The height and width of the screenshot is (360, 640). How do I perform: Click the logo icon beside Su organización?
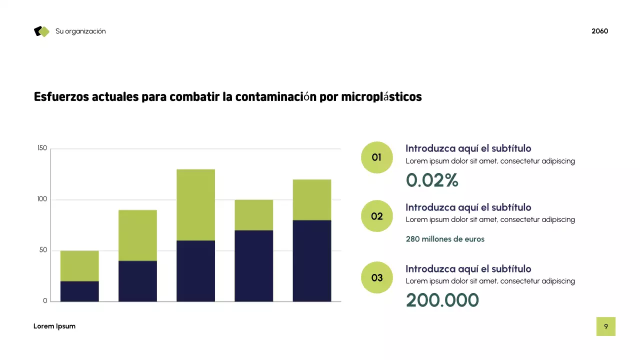click(42, 31)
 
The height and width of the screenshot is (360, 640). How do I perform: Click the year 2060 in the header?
click(599, 31)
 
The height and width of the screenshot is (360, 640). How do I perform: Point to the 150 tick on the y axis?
click(42, 148)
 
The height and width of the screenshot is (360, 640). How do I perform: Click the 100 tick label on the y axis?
click(42, 199)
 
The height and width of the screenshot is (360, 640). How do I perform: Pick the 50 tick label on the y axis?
click(43, 250)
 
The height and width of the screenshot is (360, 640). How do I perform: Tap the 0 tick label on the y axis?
click(45, 301)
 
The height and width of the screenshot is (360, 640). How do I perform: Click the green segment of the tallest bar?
click(195, 204)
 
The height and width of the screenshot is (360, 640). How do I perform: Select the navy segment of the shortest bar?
click(79, 291)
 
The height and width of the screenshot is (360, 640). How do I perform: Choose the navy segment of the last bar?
click(311, 260)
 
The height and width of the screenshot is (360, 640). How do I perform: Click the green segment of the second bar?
click(137, 235)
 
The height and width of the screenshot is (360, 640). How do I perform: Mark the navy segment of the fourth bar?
click(253, 265)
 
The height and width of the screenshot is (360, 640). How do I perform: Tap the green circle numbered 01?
click(376, 157)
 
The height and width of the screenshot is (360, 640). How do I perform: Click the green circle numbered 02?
click(376, 216)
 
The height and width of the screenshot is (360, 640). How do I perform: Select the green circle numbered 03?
click(376, 277)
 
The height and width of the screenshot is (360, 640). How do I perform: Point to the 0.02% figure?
click(432, 180)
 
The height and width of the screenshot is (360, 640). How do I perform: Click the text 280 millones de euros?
click(445, 239)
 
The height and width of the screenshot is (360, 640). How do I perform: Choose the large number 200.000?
click(442, 300)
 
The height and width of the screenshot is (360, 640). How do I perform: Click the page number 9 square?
click(605, 326)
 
